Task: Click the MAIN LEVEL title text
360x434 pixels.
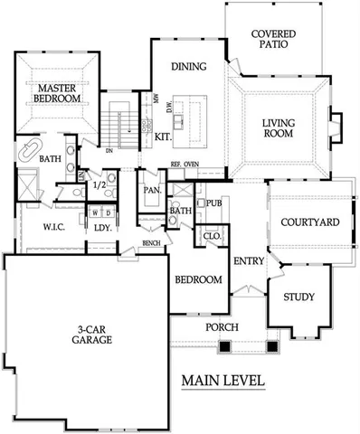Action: tap(223, 381)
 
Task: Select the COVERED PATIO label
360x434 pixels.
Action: tap(270, 39)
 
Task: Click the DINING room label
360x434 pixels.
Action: tap(187, 67)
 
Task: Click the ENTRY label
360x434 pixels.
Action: tap(248, 261)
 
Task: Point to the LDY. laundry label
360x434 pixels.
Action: tap(102, 227)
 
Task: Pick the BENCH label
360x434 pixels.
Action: tap(151, 243)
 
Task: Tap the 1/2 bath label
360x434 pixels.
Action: tap(99, 185)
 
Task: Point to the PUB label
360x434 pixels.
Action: tap(215, 203)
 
